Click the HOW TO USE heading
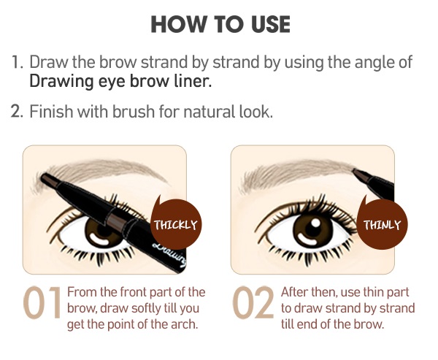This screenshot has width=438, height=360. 220,23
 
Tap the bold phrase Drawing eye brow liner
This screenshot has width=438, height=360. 120,80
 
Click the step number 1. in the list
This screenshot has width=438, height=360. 18,61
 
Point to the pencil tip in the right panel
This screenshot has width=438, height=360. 356,173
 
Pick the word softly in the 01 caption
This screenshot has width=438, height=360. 143,307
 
